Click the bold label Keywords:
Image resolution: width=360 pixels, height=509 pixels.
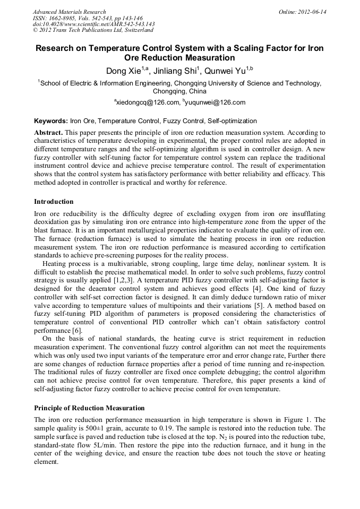(x=50, y=122)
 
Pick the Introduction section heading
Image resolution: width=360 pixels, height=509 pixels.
(x=54, y=202)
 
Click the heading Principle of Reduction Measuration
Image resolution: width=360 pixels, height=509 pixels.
(x=89, y=408)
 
